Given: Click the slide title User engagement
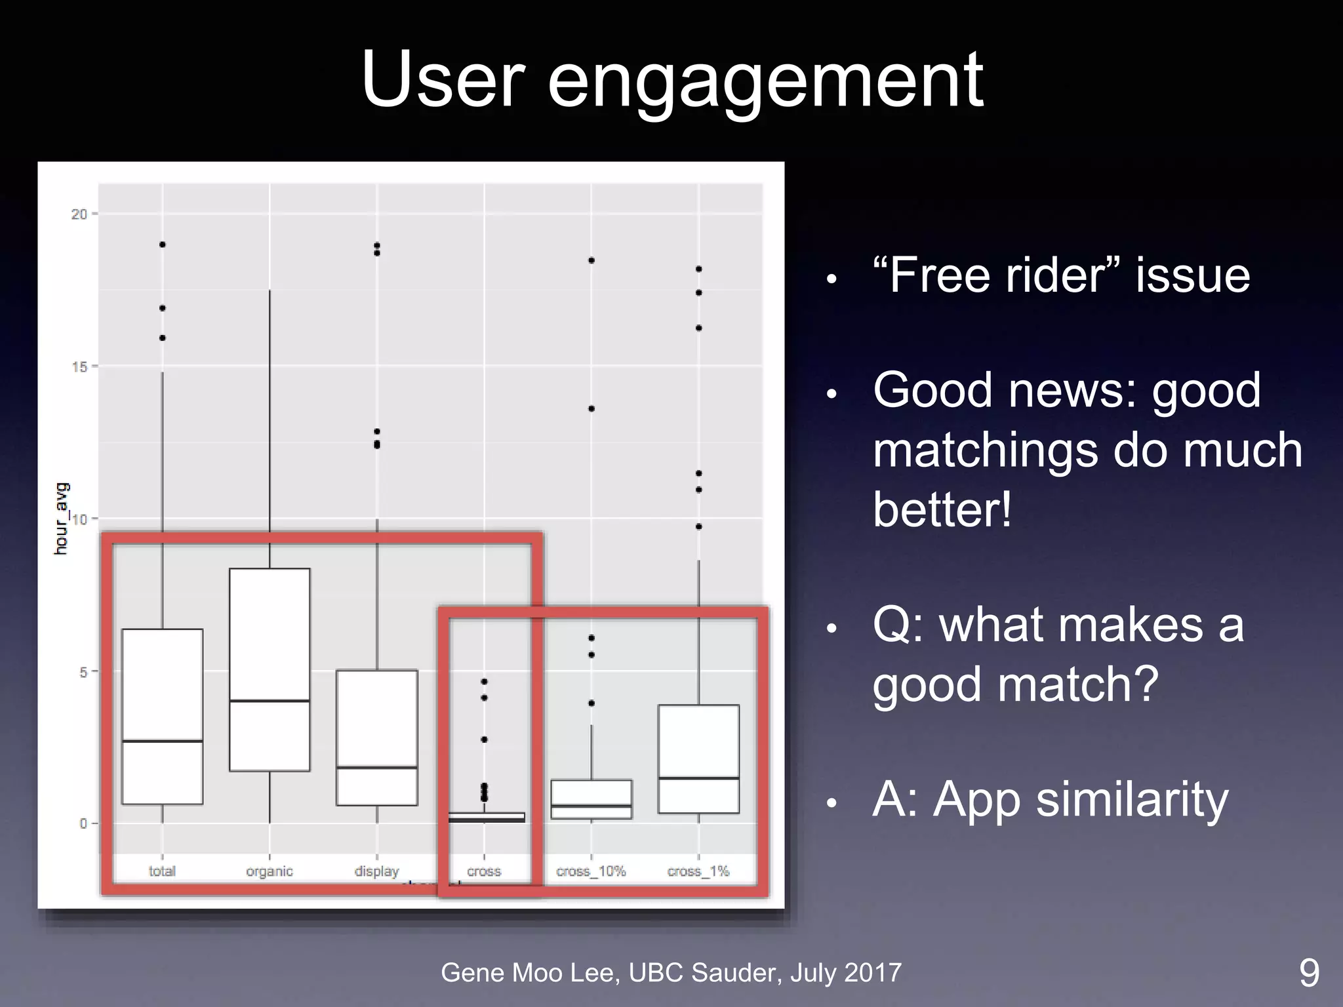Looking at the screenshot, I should click(x=671, y=80).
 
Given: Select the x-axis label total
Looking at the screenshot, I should click(x=162, y=871).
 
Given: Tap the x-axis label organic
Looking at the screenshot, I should click(x=269, y=871).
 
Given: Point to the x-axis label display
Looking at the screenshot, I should click(x=376, y=871).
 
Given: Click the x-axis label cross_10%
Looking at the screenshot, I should click(x=591, y=871).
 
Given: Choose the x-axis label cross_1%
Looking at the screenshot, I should click(x=698, y=871).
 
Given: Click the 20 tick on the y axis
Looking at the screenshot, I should click(x=79, y=214).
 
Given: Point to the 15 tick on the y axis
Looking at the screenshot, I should click(x=79, y=366).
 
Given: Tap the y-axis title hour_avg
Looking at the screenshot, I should click(x=61, y=519).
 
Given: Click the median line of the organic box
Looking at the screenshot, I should click(x=270, y=701).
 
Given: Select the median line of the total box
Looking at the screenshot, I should click(x=162, y=741).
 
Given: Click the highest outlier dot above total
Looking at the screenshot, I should click(x=163, y=245).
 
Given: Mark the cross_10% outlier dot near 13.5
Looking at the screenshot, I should click(x=591, y=408).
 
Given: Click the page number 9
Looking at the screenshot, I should click(x=1309, y=973).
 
